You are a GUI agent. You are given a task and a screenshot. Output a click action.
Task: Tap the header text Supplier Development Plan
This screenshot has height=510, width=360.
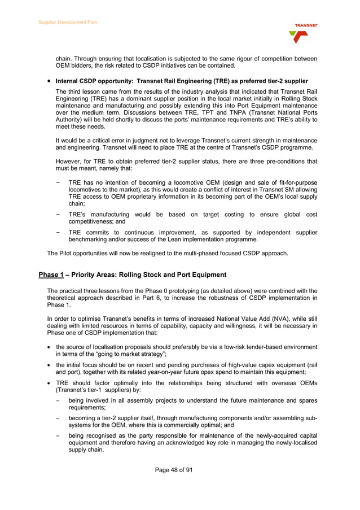(x=68, y=22)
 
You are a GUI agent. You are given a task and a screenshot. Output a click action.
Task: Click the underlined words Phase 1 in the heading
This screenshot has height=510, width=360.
(x=50, y=274)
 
